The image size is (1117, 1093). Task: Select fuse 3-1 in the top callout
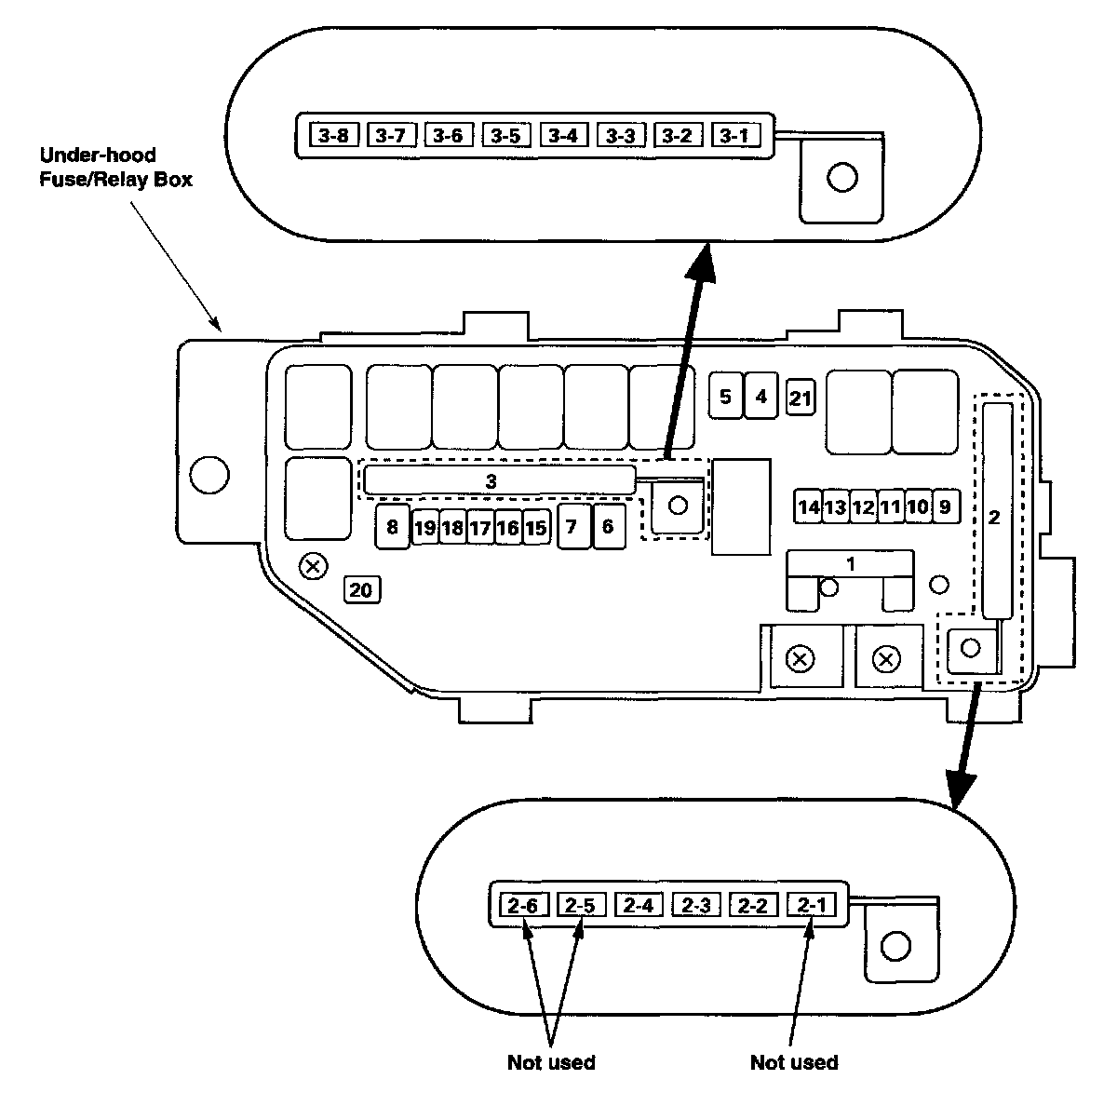734,136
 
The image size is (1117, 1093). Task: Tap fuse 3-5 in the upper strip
505,136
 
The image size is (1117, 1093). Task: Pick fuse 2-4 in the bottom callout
639,905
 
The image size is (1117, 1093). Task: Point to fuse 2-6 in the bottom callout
524,905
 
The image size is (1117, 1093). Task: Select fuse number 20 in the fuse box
362,589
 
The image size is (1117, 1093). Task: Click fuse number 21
801,399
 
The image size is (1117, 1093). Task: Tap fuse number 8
392,528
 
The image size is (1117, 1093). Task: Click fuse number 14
808,507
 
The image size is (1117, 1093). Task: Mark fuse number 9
945,506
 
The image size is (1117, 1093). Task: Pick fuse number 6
608,528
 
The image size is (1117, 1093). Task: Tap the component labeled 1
850,564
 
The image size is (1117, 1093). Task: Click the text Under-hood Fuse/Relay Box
115,167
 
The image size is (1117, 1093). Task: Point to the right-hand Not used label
793,1062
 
